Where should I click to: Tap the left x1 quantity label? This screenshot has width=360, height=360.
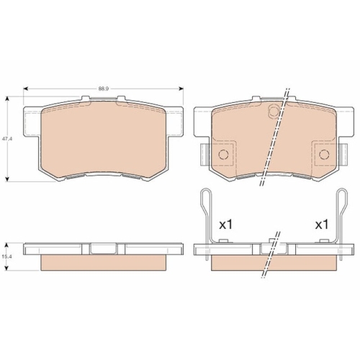pyautogui.click(x=226, y=224)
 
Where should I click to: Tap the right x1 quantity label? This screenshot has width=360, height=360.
pyautogui.click(x=321, y=224)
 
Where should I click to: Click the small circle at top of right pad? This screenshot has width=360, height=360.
pyautogui.click(x=271, y=111)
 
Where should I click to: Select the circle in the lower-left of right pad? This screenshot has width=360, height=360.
pyautogui.click(x=222, y=154)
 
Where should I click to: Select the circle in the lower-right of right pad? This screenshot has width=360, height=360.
pyautogui.click(x=320, y=154)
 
